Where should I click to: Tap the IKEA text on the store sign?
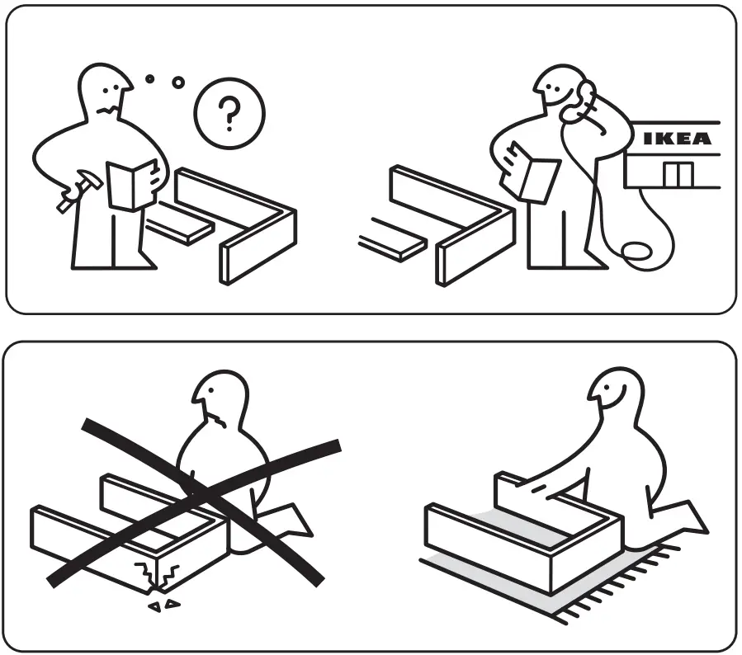677,139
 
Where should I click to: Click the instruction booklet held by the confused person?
133,183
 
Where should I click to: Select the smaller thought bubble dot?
149,79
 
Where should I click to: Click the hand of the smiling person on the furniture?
537,492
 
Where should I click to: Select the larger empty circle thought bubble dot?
177,82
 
